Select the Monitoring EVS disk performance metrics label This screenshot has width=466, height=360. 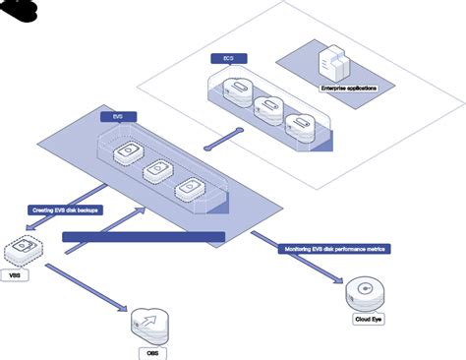click(x=334, y=250)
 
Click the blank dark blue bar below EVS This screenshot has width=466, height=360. click(x=144, y=237)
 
